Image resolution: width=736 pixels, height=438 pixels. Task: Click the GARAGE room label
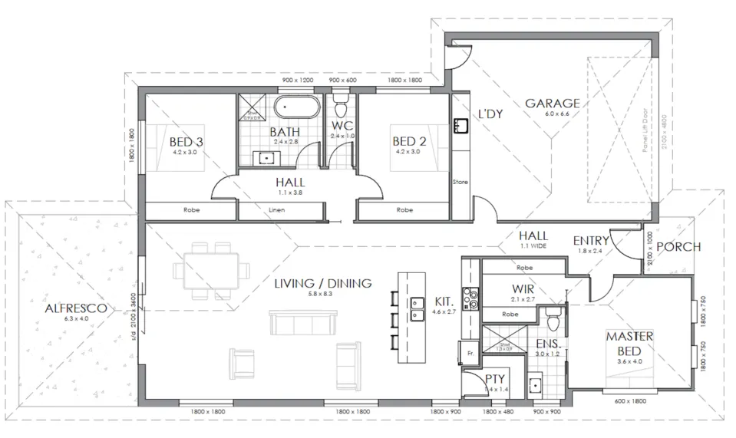tap(552, 104)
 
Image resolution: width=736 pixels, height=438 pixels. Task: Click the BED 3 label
tap(186, 142)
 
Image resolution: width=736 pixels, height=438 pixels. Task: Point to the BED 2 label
tap(408, 142)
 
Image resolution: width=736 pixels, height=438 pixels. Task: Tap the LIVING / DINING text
tap(323, 283)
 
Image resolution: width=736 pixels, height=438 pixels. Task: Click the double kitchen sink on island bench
tap(418, 307)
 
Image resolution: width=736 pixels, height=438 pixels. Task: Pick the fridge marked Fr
tap(470, 354)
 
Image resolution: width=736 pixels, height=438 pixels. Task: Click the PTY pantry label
tap(495, 380)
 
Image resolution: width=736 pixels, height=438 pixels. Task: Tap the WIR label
tap(526, 288)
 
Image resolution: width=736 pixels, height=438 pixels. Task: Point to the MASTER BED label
tap(629, 343)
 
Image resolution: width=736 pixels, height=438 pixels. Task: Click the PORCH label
tap(678, 246)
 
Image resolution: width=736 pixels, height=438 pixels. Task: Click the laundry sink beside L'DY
tap(460, 124)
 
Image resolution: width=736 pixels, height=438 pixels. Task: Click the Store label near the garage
tap(460, 183)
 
